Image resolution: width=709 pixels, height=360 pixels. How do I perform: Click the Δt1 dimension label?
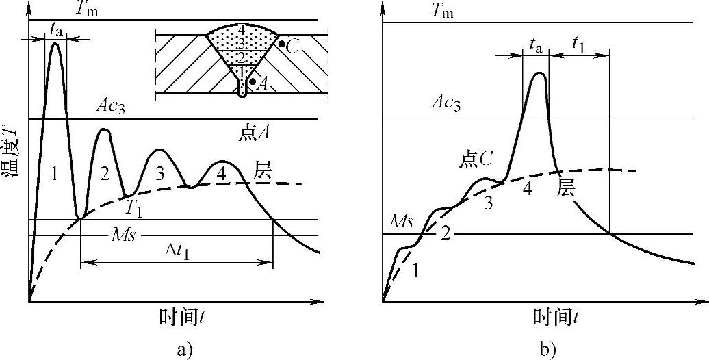pos(176,251)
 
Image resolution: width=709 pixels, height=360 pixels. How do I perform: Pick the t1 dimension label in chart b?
pos(578,47)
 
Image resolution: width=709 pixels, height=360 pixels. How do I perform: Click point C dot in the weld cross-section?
pos(282,44)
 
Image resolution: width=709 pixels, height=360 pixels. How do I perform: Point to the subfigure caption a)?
pos(183,350)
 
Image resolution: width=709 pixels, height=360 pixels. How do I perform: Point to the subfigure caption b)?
pos(547,350)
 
